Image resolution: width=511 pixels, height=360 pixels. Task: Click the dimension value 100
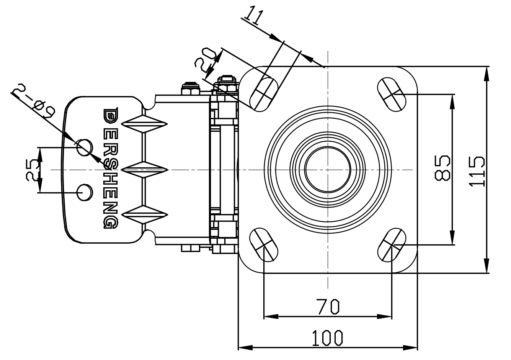(327, 338)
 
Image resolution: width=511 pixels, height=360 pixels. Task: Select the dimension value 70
(328, 306)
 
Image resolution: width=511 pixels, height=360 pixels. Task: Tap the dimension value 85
(442, 168)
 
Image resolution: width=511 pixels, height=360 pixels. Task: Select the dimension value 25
(33, 170)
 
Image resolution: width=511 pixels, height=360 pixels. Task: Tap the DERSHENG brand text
(111, 168)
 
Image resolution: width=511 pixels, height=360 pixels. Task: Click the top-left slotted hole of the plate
(263, 94)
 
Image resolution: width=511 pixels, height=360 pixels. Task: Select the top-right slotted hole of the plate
(392, 93)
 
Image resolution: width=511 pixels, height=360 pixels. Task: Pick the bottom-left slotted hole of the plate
(263, 245)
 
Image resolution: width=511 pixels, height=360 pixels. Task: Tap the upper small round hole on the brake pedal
(85, 146)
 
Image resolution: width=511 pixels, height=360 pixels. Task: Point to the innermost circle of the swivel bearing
(328, 169)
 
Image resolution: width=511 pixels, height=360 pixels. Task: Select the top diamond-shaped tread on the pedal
(145, 124)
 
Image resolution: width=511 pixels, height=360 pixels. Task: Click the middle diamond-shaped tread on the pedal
(145, 169)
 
